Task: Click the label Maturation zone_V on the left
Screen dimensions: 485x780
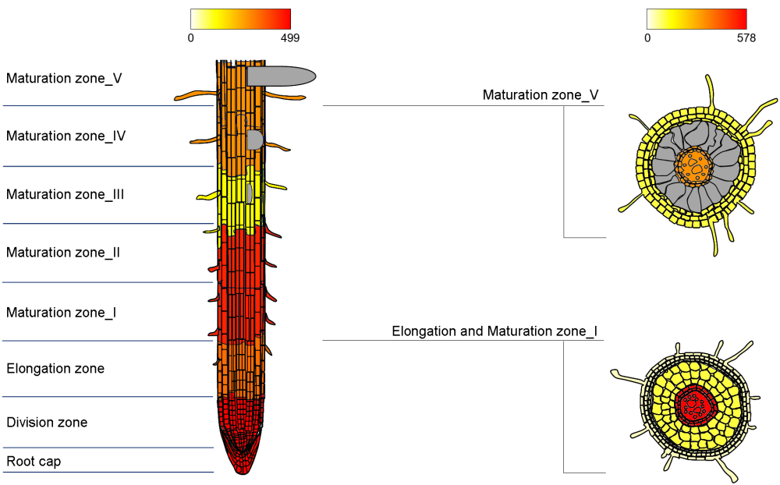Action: [64, 79]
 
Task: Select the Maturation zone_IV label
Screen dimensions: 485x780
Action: [66, 136]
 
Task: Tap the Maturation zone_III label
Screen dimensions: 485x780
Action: [66, 195]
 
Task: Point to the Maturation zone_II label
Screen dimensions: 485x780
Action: [63, 253]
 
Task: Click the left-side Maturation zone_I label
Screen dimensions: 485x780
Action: [62, 313]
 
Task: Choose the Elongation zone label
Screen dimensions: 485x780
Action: [55, 369]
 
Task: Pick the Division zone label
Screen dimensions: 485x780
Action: [47, 423]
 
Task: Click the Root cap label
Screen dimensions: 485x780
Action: [34, 462]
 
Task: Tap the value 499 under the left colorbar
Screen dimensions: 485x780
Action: [289, 37]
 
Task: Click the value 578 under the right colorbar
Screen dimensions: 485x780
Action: [746, 37]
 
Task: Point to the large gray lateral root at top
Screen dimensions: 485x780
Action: [281, 76]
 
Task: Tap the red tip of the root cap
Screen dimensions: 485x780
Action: [241, 466]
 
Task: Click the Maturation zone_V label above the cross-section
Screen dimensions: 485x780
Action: [541, 95]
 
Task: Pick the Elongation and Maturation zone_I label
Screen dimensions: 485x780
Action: [495, 331]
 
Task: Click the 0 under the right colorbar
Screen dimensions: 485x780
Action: [647, 37]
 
